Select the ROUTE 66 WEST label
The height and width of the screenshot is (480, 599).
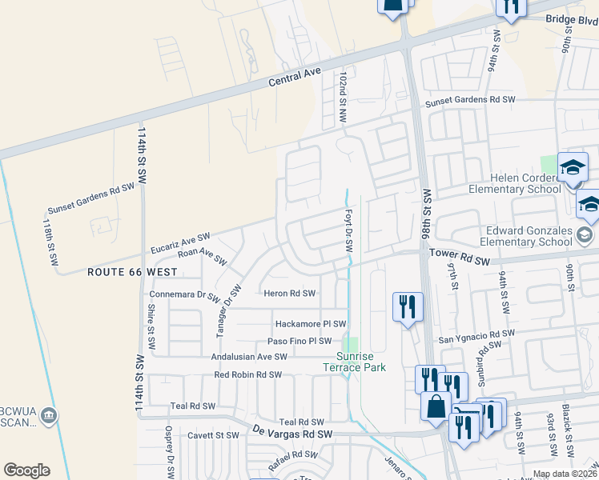tap(132, 272)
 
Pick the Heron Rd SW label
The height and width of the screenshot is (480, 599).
tap(290, 294)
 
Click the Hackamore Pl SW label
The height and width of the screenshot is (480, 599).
tap(310, 324)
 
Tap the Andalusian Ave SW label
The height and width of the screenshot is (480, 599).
tap(248, 357)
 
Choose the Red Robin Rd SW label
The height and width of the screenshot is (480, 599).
tap(247, 374)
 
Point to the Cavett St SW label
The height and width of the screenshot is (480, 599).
tap(211, 435)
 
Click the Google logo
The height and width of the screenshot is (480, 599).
tap(26, 470)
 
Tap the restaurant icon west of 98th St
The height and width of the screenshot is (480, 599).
tap(408, 306)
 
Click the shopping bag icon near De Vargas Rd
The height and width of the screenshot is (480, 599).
tap(436, 406)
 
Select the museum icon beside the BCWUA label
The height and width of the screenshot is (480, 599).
tap(50, 414)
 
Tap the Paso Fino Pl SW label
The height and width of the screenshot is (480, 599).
tap(293, 342)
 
